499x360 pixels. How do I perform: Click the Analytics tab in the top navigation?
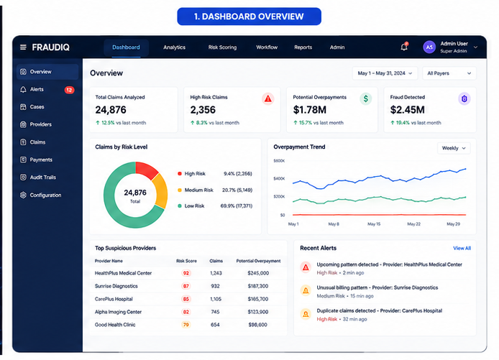[174, 47]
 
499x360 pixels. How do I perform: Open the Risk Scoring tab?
[222, 47]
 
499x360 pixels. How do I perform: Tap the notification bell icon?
[404, 47]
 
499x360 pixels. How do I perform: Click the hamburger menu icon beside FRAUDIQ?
[23, 47]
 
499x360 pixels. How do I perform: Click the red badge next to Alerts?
[69, 90]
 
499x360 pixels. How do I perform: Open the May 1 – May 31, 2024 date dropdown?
[385, 73]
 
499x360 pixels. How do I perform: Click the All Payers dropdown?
[449, 73]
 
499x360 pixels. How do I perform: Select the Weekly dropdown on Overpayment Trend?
[454, 148]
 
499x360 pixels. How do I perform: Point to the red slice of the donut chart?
[146, 169]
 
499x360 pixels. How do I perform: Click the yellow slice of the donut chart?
[160, 190]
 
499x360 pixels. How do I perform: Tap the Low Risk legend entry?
[194, 206]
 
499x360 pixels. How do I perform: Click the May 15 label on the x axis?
[374, 224]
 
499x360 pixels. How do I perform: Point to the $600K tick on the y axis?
[279, 161]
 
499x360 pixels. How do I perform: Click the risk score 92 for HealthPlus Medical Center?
[186, 273]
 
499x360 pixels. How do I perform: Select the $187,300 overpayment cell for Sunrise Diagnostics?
[258, 286]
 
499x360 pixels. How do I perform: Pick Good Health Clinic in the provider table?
[115, 325]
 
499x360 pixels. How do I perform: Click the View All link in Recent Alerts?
[462, 248]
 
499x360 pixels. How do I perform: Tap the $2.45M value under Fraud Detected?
[408, 110]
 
